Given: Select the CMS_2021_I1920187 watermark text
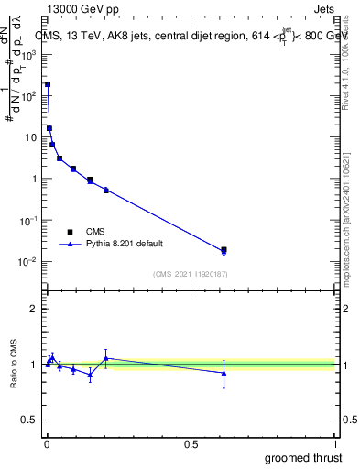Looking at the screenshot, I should pyautogui.click(x=191, y=273).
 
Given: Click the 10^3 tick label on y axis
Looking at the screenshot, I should pyautogui.click(x=30, y=54).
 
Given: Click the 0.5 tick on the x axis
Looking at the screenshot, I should pyautogui.click(x=191, y=444).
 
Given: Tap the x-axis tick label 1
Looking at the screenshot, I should pyautogui.click(x=335, y=444).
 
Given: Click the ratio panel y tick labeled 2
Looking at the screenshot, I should pyautogui.click(x=35, y=309).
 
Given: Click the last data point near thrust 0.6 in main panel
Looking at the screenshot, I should pyautogui.click(x=224, y=250).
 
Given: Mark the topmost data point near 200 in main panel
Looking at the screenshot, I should pyautogui.click(x=48, y=84).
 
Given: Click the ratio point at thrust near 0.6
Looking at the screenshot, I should pyautogui.click(x=224, y=373).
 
